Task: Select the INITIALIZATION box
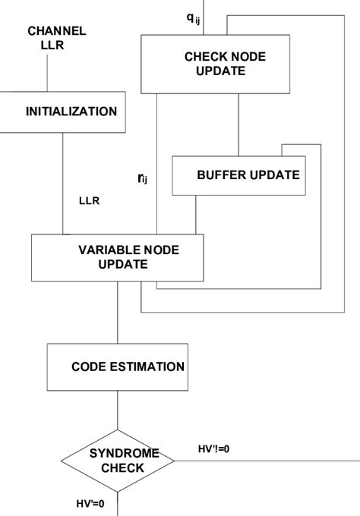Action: click(x=72, y=112)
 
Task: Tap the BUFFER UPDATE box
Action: click(x=237, y=175)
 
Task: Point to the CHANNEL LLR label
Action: click(x=57, y=38)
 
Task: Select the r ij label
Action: click(x=141, y=178)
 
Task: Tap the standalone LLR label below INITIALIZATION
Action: click(x=90, y=202)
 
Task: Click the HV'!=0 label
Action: click(x=213, y=449)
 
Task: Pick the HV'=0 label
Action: click(x=90, y=502)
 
